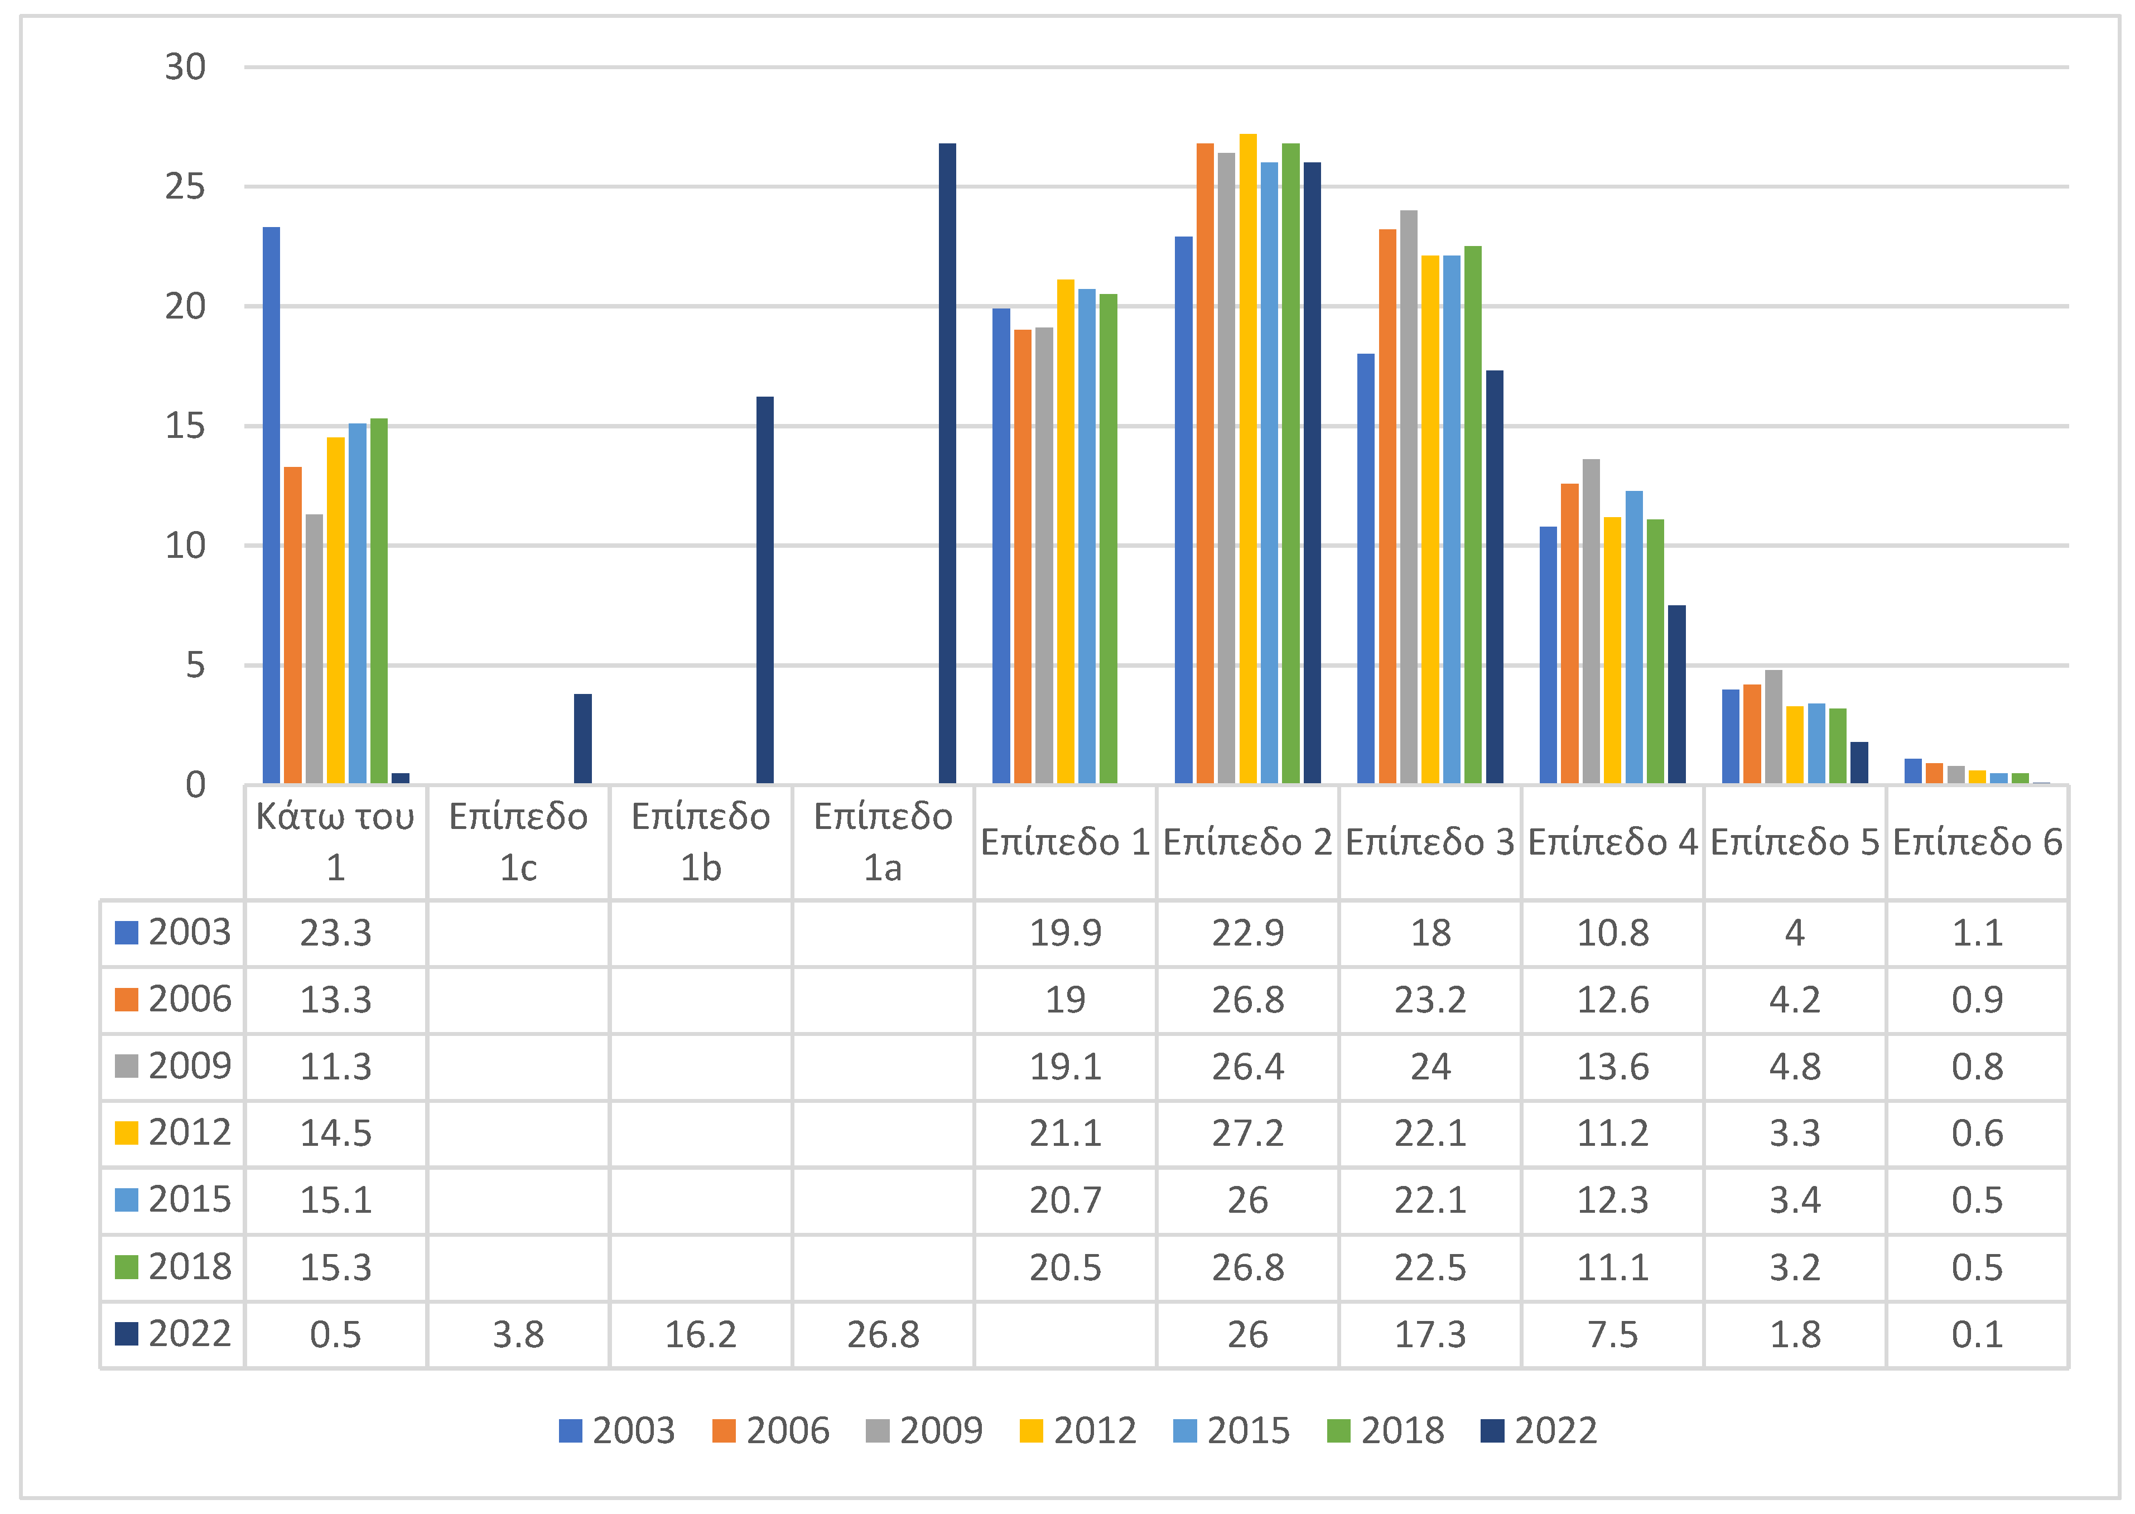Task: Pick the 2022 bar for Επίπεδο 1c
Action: pos(582,739)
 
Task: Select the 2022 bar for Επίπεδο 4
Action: pos(1676,695)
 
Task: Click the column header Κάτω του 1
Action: pos(336,842)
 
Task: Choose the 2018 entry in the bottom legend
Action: pos(1386,1431)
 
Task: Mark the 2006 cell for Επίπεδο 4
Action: pos(1613,1000)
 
